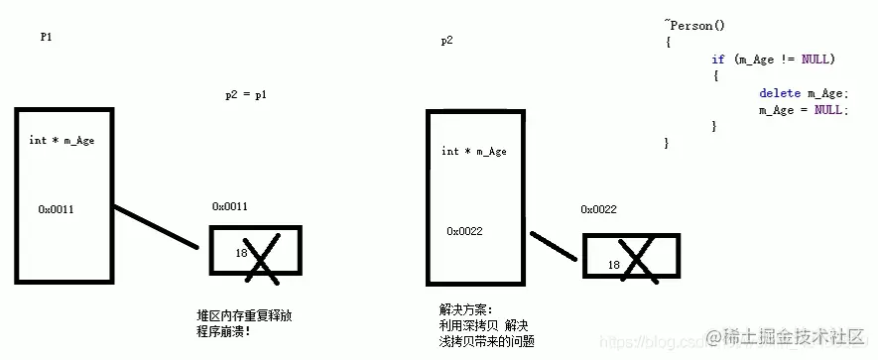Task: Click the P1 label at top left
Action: [46, 36]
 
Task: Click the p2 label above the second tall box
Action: [447, 41]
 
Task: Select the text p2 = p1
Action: [246, 95]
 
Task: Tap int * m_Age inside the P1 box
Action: [62, 140]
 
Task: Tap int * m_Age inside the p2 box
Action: [474, 151]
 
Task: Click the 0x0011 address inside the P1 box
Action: [57, 209]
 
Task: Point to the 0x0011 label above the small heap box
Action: [229, 206]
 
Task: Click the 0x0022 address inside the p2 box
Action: [464, 231]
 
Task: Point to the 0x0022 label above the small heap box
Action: [599, 209]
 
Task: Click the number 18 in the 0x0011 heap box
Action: [241, 254]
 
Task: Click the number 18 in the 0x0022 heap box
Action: [613, 265]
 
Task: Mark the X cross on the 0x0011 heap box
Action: [261, 257]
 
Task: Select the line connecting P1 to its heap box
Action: [155, 226]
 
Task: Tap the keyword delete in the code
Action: [779, 93]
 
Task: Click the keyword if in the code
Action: [717, 60]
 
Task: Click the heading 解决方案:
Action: [465, 308]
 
